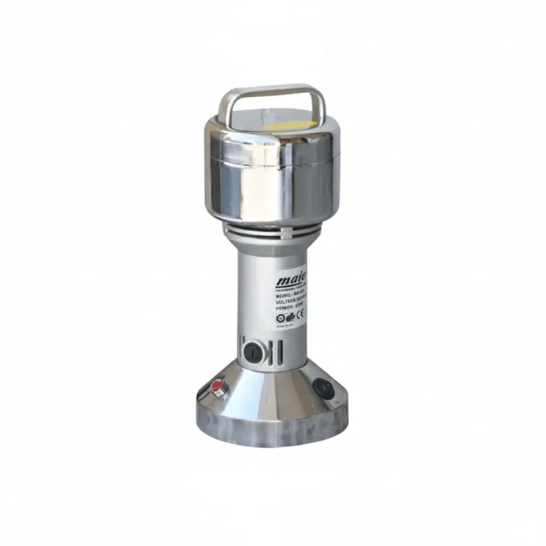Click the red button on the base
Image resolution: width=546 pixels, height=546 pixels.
click(x=218, y=388)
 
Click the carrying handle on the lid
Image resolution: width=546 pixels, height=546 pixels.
click(x=271, y=94)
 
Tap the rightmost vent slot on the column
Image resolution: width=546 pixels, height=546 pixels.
click(x=280, y=353)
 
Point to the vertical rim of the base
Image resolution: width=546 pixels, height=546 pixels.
click(x=271, y=431)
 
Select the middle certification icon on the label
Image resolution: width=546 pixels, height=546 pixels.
click(x=290, y=317)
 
